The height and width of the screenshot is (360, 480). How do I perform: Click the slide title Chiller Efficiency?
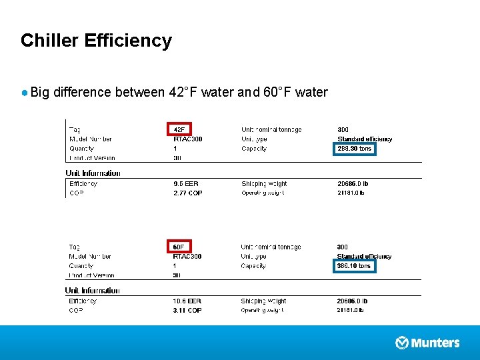96,41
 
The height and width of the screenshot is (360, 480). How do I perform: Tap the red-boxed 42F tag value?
179,129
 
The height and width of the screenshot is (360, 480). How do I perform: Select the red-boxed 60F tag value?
179,247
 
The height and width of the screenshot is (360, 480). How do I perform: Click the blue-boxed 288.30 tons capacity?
355,149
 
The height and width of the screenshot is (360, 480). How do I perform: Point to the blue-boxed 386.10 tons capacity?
355,266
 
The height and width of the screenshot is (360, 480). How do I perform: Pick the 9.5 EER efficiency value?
186,183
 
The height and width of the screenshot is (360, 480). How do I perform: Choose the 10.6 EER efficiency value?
187,301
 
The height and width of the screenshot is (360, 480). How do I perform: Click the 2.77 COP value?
187,193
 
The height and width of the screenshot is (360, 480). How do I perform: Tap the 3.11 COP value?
187,310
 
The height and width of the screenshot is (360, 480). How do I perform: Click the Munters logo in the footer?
427,343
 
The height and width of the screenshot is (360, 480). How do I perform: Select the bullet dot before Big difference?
25,93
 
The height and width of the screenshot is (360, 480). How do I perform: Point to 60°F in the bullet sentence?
277,92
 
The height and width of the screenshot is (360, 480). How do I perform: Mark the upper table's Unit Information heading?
93,173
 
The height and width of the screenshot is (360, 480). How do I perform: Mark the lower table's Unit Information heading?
93,291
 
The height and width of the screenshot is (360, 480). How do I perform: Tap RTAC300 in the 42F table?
187,139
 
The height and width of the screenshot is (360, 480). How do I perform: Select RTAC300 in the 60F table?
187,257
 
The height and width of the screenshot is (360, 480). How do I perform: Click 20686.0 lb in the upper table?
353,183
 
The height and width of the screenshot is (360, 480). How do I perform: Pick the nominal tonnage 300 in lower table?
343,247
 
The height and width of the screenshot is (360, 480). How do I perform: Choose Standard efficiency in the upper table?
365,139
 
